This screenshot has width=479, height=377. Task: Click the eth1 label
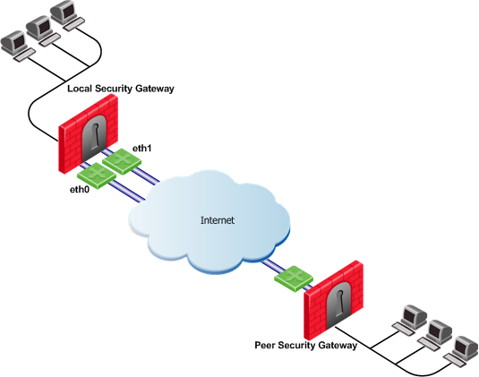142,148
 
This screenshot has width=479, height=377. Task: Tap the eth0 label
80,190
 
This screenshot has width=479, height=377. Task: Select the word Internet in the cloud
218,220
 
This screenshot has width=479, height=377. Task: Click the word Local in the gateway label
80,89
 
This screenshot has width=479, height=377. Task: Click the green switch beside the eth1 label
122,161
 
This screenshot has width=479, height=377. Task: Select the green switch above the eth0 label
97,176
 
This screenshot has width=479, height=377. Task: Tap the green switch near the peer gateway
294,278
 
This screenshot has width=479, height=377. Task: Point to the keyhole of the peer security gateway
339,303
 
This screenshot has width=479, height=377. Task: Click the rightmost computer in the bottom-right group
461,351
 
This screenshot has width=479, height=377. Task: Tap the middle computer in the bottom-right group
435,336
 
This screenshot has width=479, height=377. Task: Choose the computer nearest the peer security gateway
410,321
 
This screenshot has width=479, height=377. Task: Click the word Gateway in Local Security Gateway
155,89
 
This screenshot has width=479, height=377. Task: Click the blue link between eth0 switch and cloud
127,192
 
